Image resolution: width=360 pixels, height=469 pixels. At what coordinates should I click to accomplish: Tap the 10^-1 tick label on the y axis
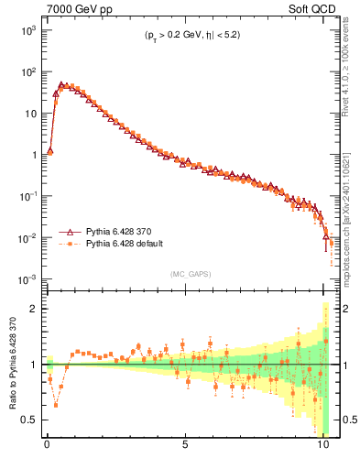click(x=25, y=196)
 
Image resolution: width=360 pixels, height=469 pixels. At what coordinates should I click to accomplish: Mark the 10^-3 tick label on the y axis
click(x=25, y=278)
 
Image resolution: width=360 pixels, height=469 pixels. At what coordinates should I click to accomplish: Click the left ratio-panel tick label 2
click(x=34, y=309)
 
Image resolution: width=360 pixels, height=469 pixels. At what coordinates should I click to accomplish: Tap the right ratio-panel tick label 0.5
click(x=344, y=420)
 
